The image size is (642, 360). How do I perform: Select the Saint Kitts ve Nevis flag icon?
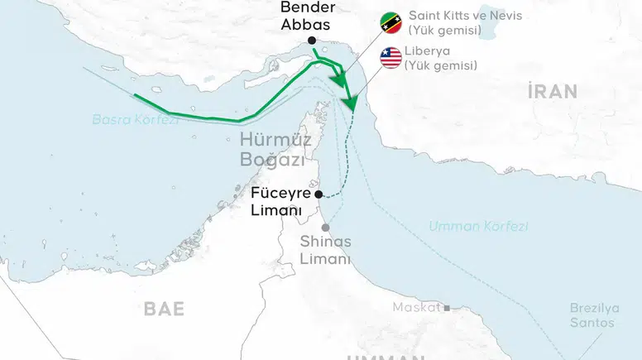[x=390, y=24]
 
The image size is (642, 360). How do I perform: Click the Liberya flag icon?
[x=390, y=57]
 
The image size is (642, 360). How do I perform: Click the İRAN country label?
[x=552, y=92]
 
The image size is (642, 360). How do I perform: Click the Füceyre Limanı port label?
[x=280, y=201]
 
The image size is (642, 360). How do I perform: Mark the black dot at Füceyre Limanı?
[x=319, y=194]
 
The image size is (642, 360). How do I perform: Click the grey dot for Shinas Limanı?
[x=326, y=228]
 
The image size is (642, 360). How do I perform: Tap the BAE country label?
[x=164, y=309]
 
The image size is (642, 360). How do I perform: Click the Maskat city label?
[x=417, y=307]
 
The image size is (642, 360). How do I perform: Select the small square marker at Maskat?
[x=447, y=308]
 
